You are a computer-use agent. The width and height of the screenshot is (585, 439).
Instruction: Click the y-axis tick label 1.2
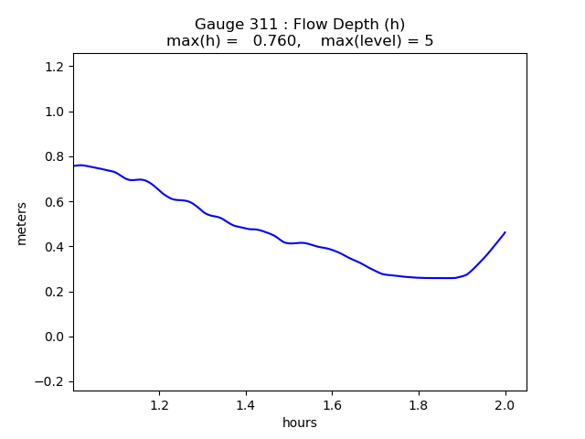point(55,67)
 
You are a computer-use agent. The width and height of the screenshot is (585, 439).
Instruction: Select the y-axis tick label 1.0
point(55,112)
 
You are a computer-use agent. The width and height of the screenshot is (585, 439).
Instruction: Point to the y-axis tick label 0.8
point(55,156)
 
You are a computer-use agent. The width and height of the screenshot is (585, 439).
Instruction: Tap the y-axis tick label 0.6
point(55,202)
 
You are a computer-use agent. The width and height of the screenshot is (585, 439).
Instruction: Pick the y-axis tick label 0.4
point(55,247)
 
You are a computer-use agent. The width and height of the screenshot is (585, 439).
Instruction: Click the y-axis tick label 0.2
point(55,292)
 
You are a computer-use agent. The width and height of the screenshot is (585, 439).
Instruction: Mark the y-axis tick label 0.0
point(55,337)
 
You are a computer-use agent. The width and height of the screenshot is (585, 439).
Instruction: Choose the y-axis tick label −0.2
point(49,382)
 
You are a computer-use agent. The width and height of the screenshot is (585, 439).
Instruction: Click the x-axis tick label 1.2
point(160,405)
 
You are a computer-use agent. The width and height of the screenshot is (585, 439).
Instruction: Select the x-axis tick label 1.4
point(246,405)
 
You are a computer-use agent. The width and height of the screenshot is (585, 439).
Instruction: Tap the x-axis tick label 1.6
point(333,405)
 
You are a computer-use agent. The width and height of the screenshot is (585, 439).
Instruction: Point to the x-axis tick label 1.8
point(419,405)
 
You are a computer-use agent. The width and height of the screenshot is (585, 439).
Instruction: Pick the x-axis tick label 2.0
point(505,405)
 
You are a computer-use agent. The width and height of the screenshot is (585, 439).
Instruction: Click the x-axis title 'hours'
point(300,423)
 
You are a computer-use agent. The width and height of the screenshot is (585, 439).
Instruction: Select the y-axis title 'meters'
point(22,223)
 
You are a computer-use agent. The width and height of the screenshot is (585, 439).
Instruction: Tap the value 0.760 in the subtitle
point(276,40)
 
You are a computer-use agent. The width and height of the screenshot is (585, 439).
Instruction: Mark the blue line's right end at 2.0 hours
point(505,232)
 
